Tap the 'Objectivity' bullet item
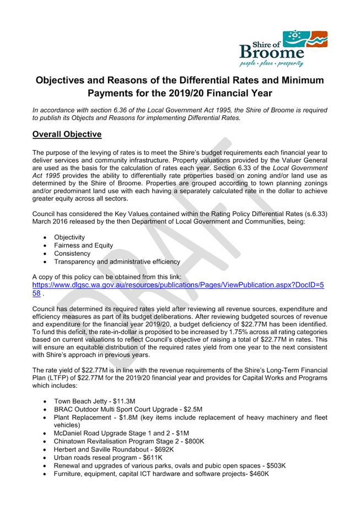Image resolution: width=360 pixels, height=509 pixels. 69,237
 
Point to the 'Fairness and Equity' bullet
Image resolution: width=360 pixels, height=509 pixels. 83,245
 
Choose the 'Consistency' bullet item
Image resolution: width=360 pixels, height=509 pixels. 72,253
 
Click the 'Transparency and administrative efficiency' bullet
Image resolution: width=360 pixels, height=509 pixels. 117,261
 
